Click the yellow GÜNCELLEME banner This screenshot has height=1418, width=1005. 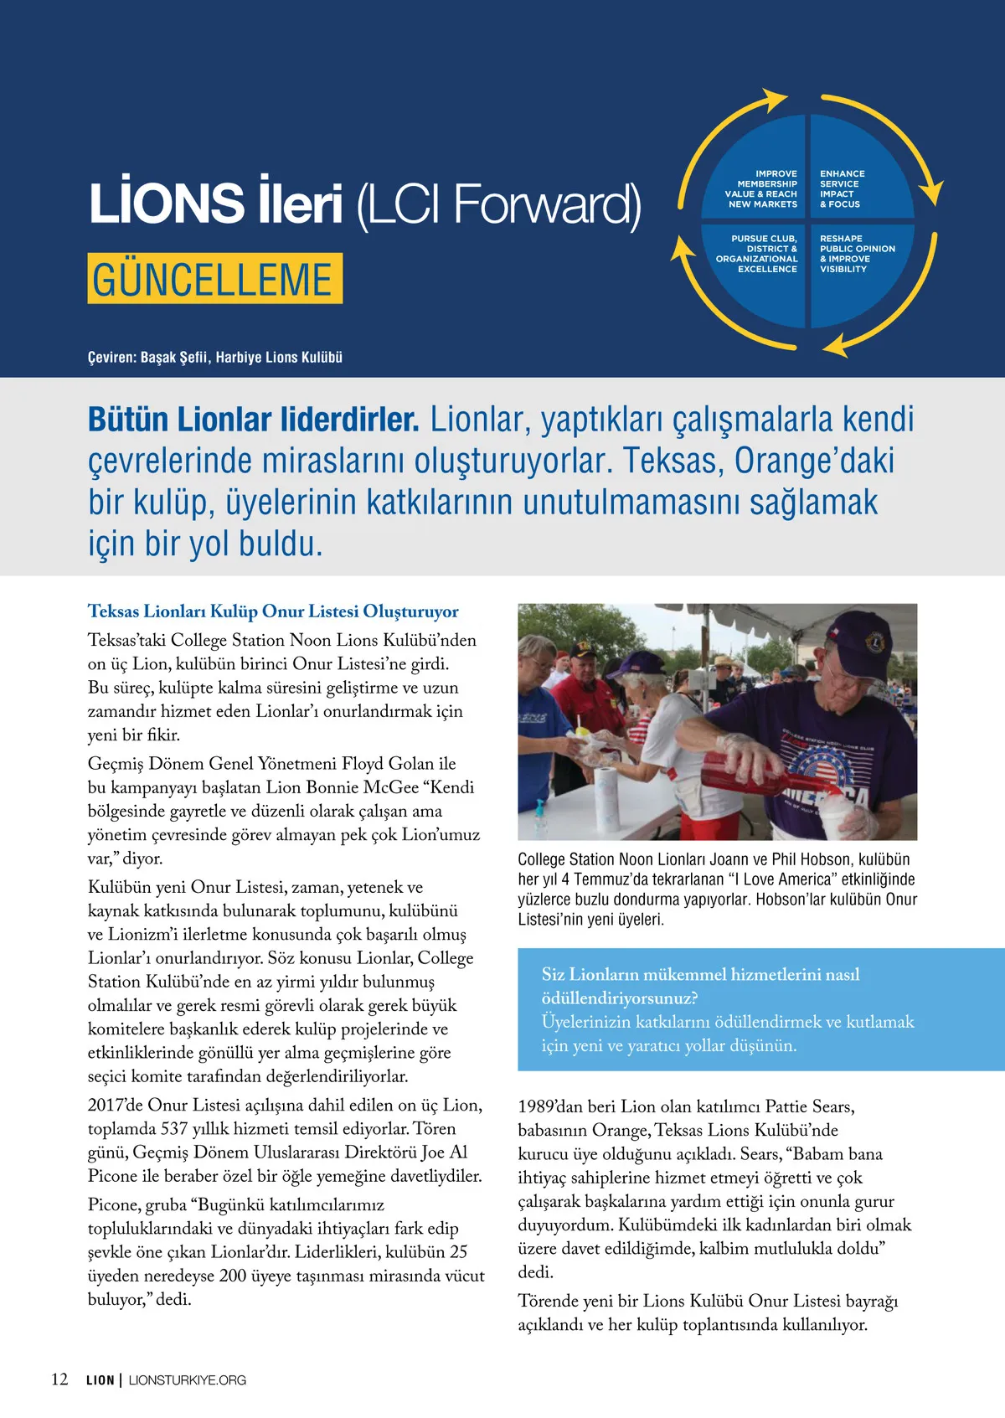pos(214,279)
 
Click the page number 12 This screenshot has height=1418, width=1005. pos(59,1379)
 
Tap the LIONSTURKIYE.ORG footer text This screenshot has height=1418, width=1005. pos(188,1380)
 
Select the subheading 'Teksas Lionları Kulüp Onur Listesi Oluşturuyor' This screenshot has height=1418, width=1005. pos(273,611)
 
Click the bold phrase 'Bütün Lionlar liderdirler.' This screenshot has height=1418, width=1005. pos(253,420)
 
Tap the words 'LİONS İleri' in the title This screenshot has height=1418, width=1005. pos(216,204)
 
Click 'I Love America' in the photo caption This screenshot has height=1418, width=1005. pos(765,879)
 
